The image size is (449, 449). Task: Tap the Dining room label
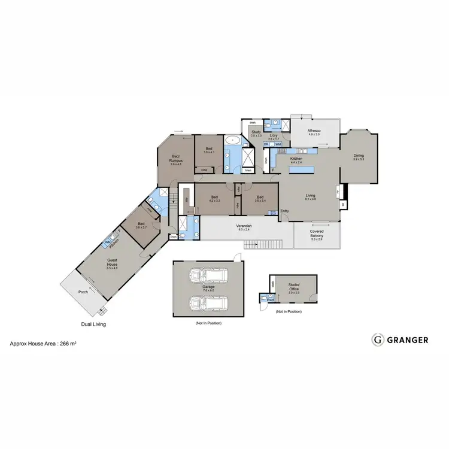359,157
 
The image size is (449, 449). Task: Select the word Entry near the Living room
285,211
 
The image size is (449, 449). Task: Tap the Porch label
83,293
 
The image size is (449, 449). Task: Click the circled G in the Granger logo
378,339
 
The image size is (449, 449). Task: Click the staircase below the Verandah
262,244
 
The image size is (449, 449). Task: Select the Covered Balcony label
317,233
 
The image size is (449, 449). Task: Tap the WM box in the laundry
278,144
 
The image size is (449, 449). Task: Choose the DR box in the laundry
266,144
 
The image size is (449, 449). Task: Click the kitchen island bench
305,170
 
